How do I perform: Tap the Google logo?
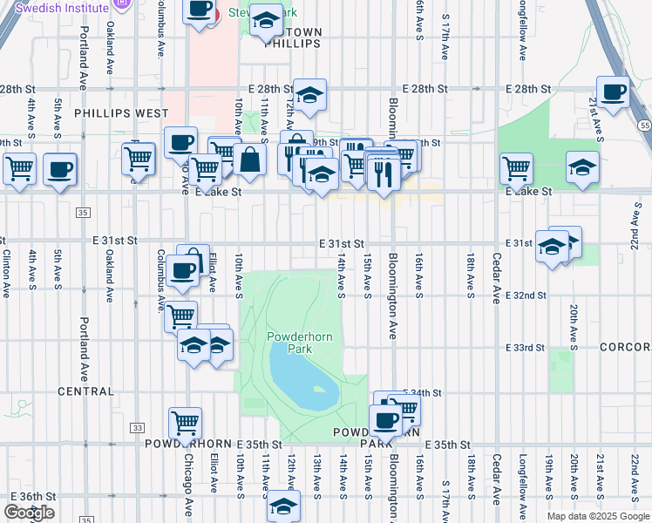[x=29, y=513]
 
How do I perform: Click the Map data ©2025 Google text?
[x=597, y=516]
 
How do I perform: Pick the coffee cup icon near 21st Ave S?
[x=612, y=93]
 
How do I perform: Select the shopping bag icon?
[x=249, y=160]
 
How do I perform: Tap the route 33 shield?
[x=137, y=428]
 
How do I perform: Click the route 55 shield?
[x=643, y=126]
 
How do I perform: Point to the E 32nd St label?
[x=526, y=295]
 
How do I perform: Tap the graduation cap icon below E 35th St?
[x=282, y=506]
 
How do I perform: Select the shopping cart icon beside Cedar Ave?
[x=516, y=168]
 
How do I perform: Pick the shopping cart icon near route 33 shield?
[x=185, y=425]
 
